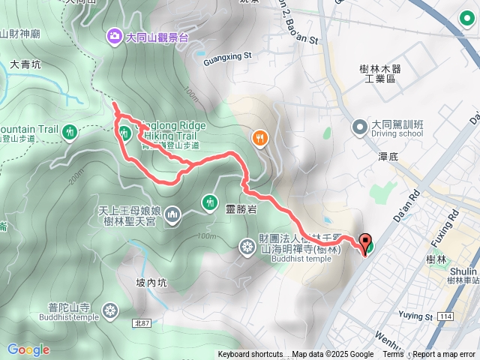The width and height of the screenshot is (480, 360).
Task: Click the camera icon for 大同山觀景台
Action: click(x=114, y=34)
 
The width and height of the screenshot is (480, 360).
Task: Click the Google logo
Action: click(x=28, y=349)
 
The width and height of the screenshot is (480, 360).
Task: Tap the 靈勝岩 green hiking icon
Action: click(x=208, y=201)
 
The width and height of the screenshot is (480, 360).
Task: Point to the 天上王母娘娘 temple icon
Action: click(x=173, y=216)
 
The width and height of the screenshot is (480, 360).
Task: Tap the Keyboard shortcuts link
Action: click(x=250, y=355)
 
